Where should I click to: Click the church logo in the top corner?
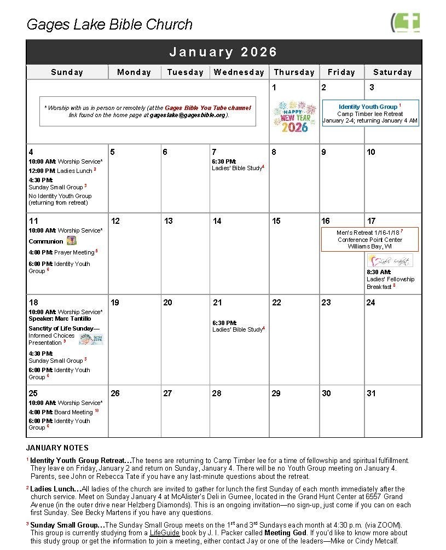[406, 22]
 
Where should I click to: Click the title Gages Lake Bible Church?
[109, 25]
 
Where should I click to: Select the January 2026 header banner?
[223, 52]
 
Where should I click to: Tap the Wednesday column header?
[239, 72]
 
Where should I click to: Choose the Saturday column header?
[392, 72]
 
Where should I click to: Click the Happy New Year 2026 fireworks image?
[294, 117]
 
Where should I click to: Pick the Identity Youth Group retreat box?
[370, 113]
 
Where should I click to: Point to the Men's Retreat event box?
[370, 239]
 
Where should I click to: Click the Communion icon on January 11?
[71, 241]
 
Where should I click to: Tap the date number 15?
[276, 221]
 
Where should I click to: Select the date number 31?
[372, 393]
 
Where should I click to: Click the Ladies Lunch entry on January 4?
[62, 171]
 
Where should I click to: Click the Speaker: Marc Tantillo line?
[60, 319]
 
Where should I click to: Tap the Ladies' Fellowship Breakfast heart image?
[389, 260]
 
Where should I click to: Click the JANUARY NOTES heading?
[57, 448]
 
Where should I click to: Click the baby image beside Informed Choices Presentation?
[91, 339]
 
